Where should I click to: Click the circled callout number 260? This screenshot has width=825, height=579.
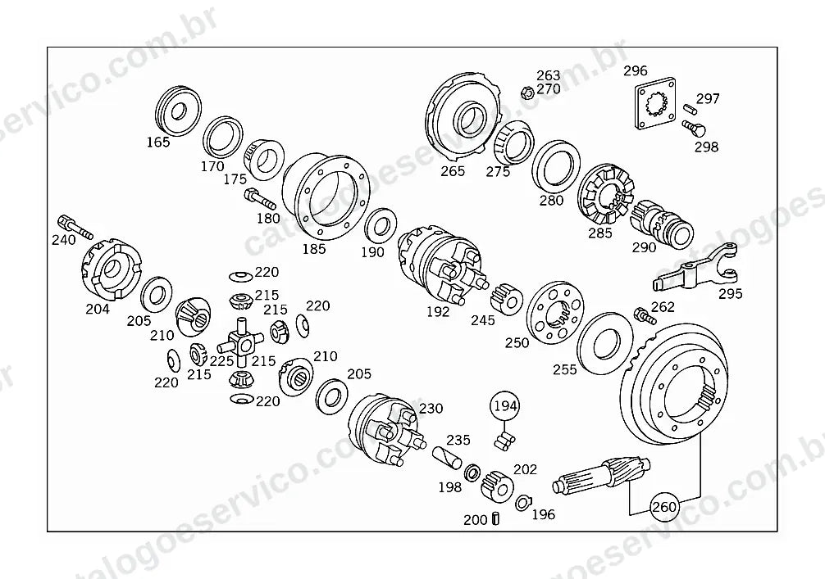pyautogui.click(x=664, y=507)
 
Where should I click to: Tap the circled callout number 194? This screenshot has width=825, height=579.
pyautogui.click(x=505, y=405)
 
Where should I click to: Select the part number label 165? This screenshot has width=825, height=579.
pyautogui.click(x=158, y=142)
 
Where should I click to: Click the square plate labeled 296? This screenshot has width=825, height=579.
pyautogui.click(x=654, y=103)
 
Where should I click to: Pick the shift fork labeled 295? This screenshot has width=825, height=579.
pyautogui.click(x=695, y=268)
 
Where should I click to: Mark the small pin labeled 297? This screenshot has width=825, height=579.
pyautogui.click(x=691, y=108)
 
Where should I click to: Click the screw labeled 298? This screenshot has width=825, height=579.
pyautogui.click(x=694, y=128)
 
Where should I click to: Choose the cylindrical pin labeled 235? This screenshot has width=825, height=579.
pyautogui.click(x=447, y=457)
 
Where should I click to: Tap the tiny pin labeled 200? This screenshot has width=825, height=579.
pyautogui.click(x=495, y=518)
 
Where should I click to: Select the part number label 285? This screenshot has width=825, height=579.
pyautogui.click(x=600, y=233)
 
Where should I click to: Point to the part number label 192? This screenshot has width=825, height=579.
pyautogui.click(x=438, y=311)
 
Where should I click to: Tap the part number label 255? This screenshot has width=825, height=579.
pyautogui.click(x=565, y=369)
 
